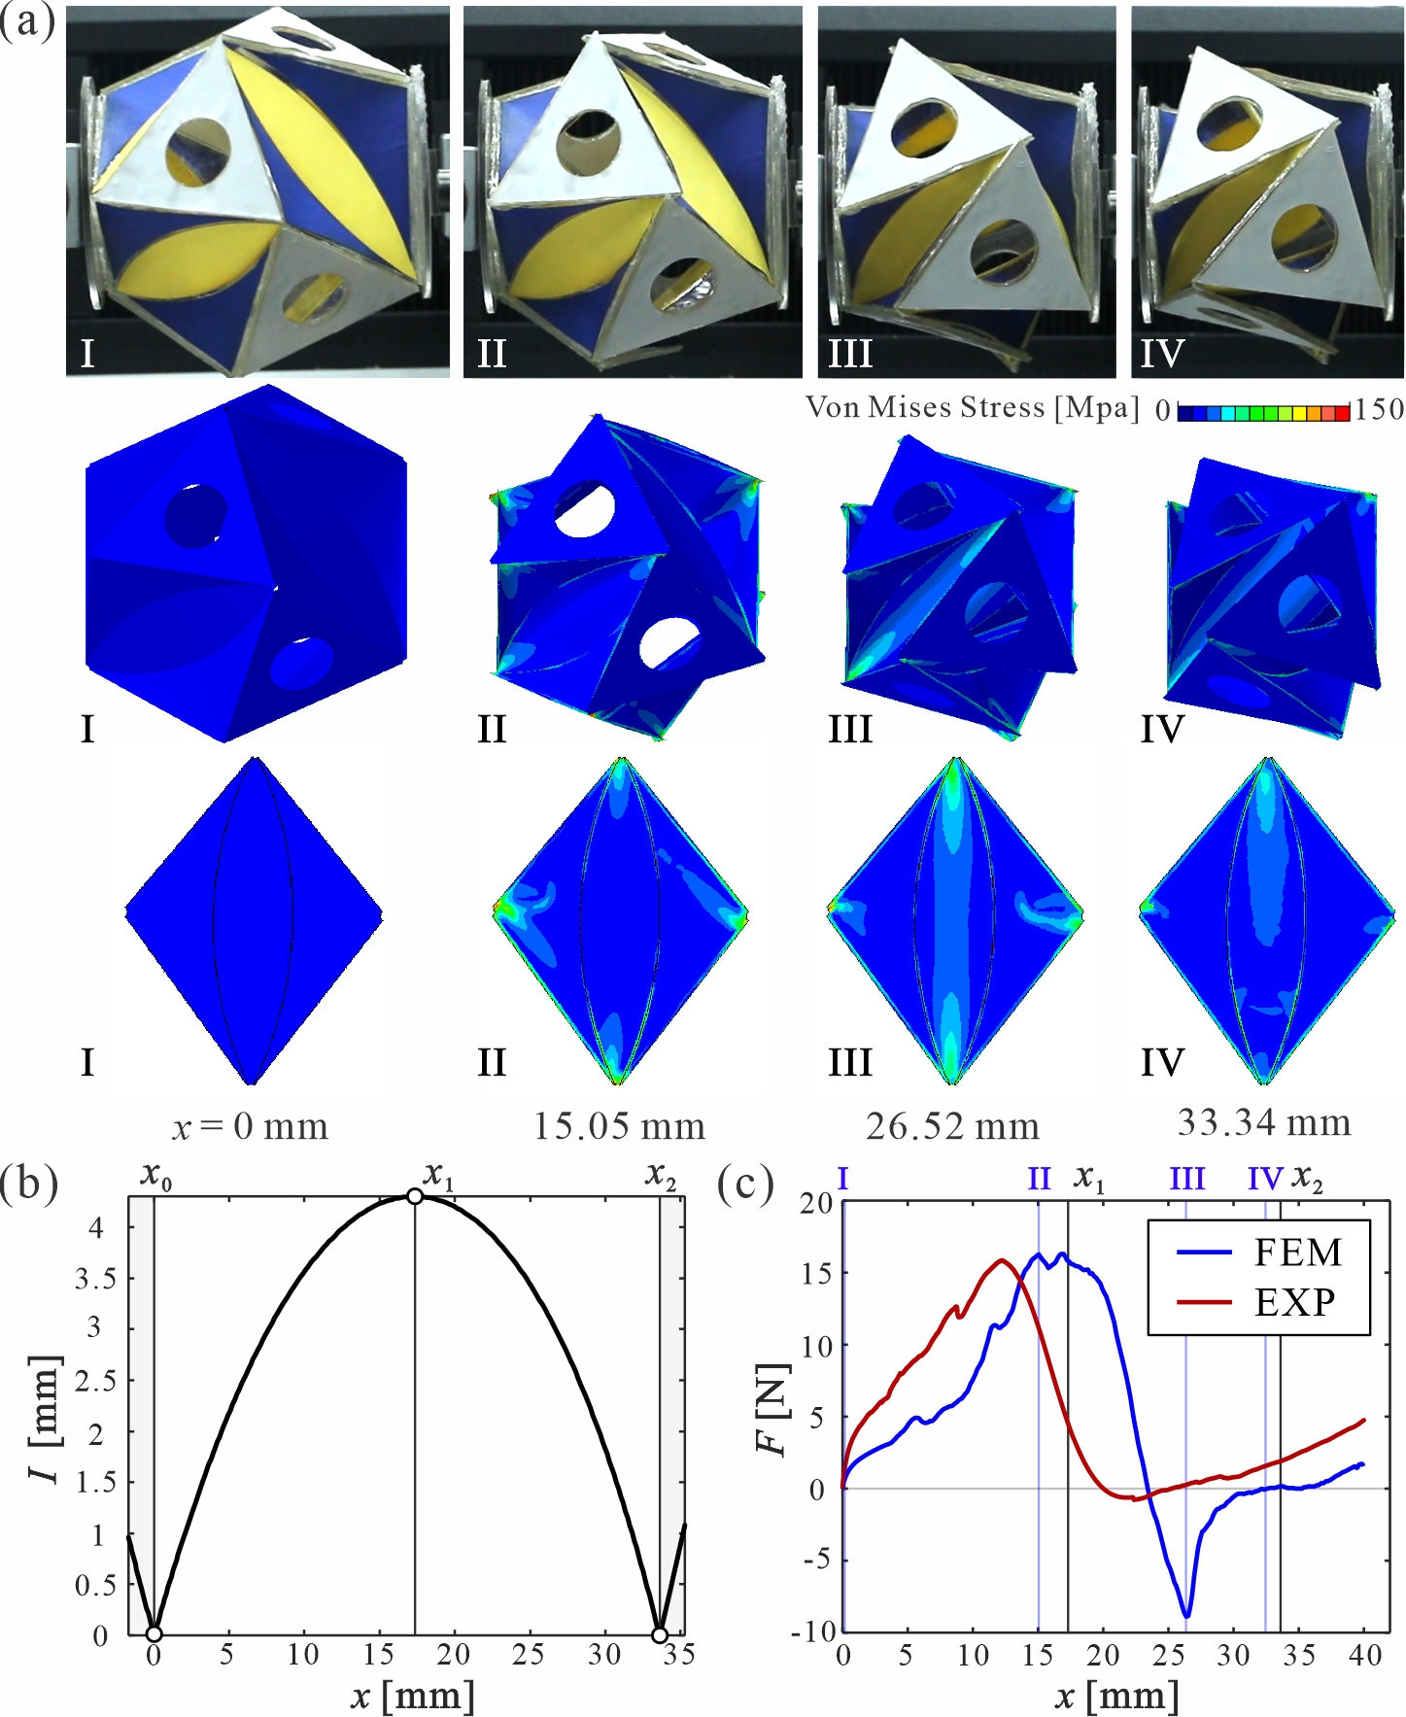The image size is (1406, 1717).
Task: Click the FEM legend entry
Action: coord(1259,1253)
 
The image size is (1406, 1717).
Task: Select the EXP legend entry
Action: coord(1259,1302)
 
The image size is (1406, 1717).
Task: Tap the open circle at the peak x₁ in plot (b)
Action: coord(415,1196)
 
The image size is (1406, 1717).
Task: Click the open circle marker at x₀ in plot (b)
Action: coord(154,1634)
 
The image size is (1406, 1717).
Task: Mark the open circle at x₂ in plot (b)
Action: coord(660,1635)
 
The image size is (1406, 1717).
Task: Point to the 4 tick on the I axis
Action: coord(95,1226)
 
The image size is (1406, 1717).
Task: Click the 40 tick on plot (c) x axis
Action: coord(1365,1656)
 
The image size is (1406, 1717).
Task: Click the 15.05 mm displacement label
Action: coord(619,1126)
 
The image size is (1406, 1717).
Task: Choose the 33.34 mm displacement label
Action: coord(1263,1122)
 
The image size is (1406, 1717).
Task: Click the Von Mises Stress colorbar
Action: coord(1263,412)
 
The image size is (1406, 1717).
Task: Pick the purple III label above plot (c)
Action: coord(1186,1180)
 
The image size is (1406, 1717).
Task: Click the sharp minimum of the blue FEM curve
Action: coord(1186,1616)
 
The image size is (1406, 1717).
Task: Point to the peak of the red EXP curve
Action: coord(1002,1260)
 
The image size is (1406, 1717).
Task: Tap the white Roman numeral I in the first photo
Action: coord(87,353)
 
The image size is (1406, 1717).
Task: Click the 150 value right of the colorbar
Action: coord(1379,410)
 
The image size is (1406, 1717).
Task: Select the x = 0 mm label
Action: coord(251,1127)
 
